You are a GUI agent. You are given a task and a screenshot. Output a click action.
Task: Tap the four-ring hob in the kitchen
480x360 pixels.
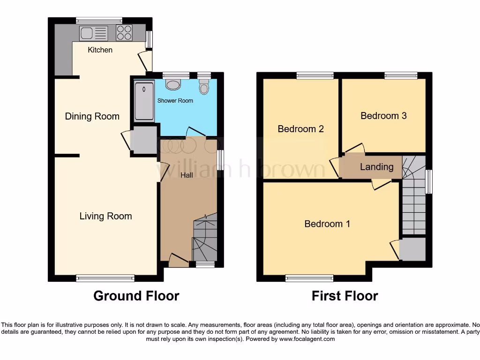(x=124, y=33)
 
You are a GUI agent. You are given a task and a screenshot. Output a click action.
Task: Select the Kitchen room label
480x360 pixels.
(x=100, y=50)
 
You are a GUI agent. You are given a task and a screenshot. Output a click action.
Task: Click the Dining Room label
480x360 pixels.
(x=92, y=116)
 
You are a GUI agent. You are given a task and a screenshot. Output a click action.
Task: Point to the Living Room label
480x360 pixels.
(x=105, y=216)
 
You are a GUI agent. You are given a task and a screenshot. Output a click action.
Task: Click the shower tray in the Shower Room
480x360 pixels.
(x=143, y=100)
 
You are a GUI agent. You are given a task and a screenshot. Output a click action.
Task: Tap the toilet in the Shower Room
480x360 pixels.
(x=204, y=87)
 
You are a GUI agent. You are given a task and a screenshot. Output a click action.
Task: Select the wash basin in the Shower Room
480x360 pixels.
(x=174, y=84)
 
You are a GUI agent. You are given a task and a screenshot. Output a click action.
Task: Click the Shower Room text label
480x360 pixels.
(x=175, y=100)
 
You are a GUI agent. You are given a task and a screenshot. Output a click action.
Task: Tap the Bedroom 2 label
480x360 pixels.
(x=300, y=128)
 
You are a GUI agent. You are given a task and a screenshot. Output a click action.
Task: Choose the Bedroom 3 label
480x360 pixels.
(x=383, y=115)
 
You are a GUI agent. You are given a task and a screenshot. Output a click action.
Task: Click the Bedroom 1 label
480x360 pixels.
(x=327, y=224)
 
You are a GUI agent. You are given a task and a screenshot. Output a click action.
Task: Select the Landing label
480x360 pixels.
(x=376, y=166)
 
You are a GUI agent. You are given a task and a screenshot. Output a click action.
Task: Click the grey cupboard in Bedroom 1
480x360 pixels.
(x=412, y=249)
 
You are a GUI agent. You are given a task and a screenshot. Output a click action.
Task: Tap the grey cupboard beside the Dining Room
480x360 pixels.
(x=144, y=140)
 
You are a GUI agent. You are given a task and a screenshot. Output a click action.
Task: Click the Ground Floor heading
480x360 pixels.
(x=136, y=296)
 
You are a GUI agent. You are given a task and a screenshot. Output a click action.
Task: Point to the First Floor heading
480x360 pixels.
(x=345, y=296)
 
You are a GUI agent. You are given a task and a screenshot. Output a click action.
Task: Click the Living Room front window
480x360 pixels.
(x=105, y=278)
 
